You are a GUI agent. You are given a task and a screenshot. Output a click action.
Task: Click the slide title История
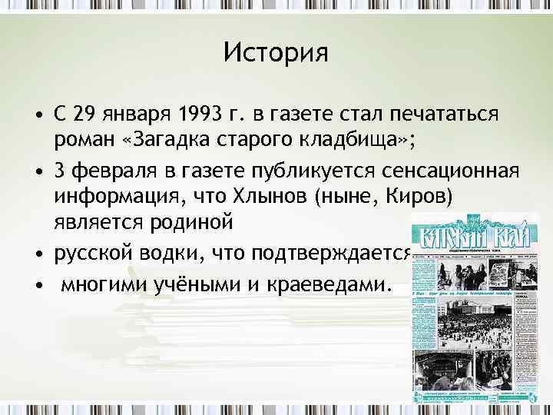(276, 53)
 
